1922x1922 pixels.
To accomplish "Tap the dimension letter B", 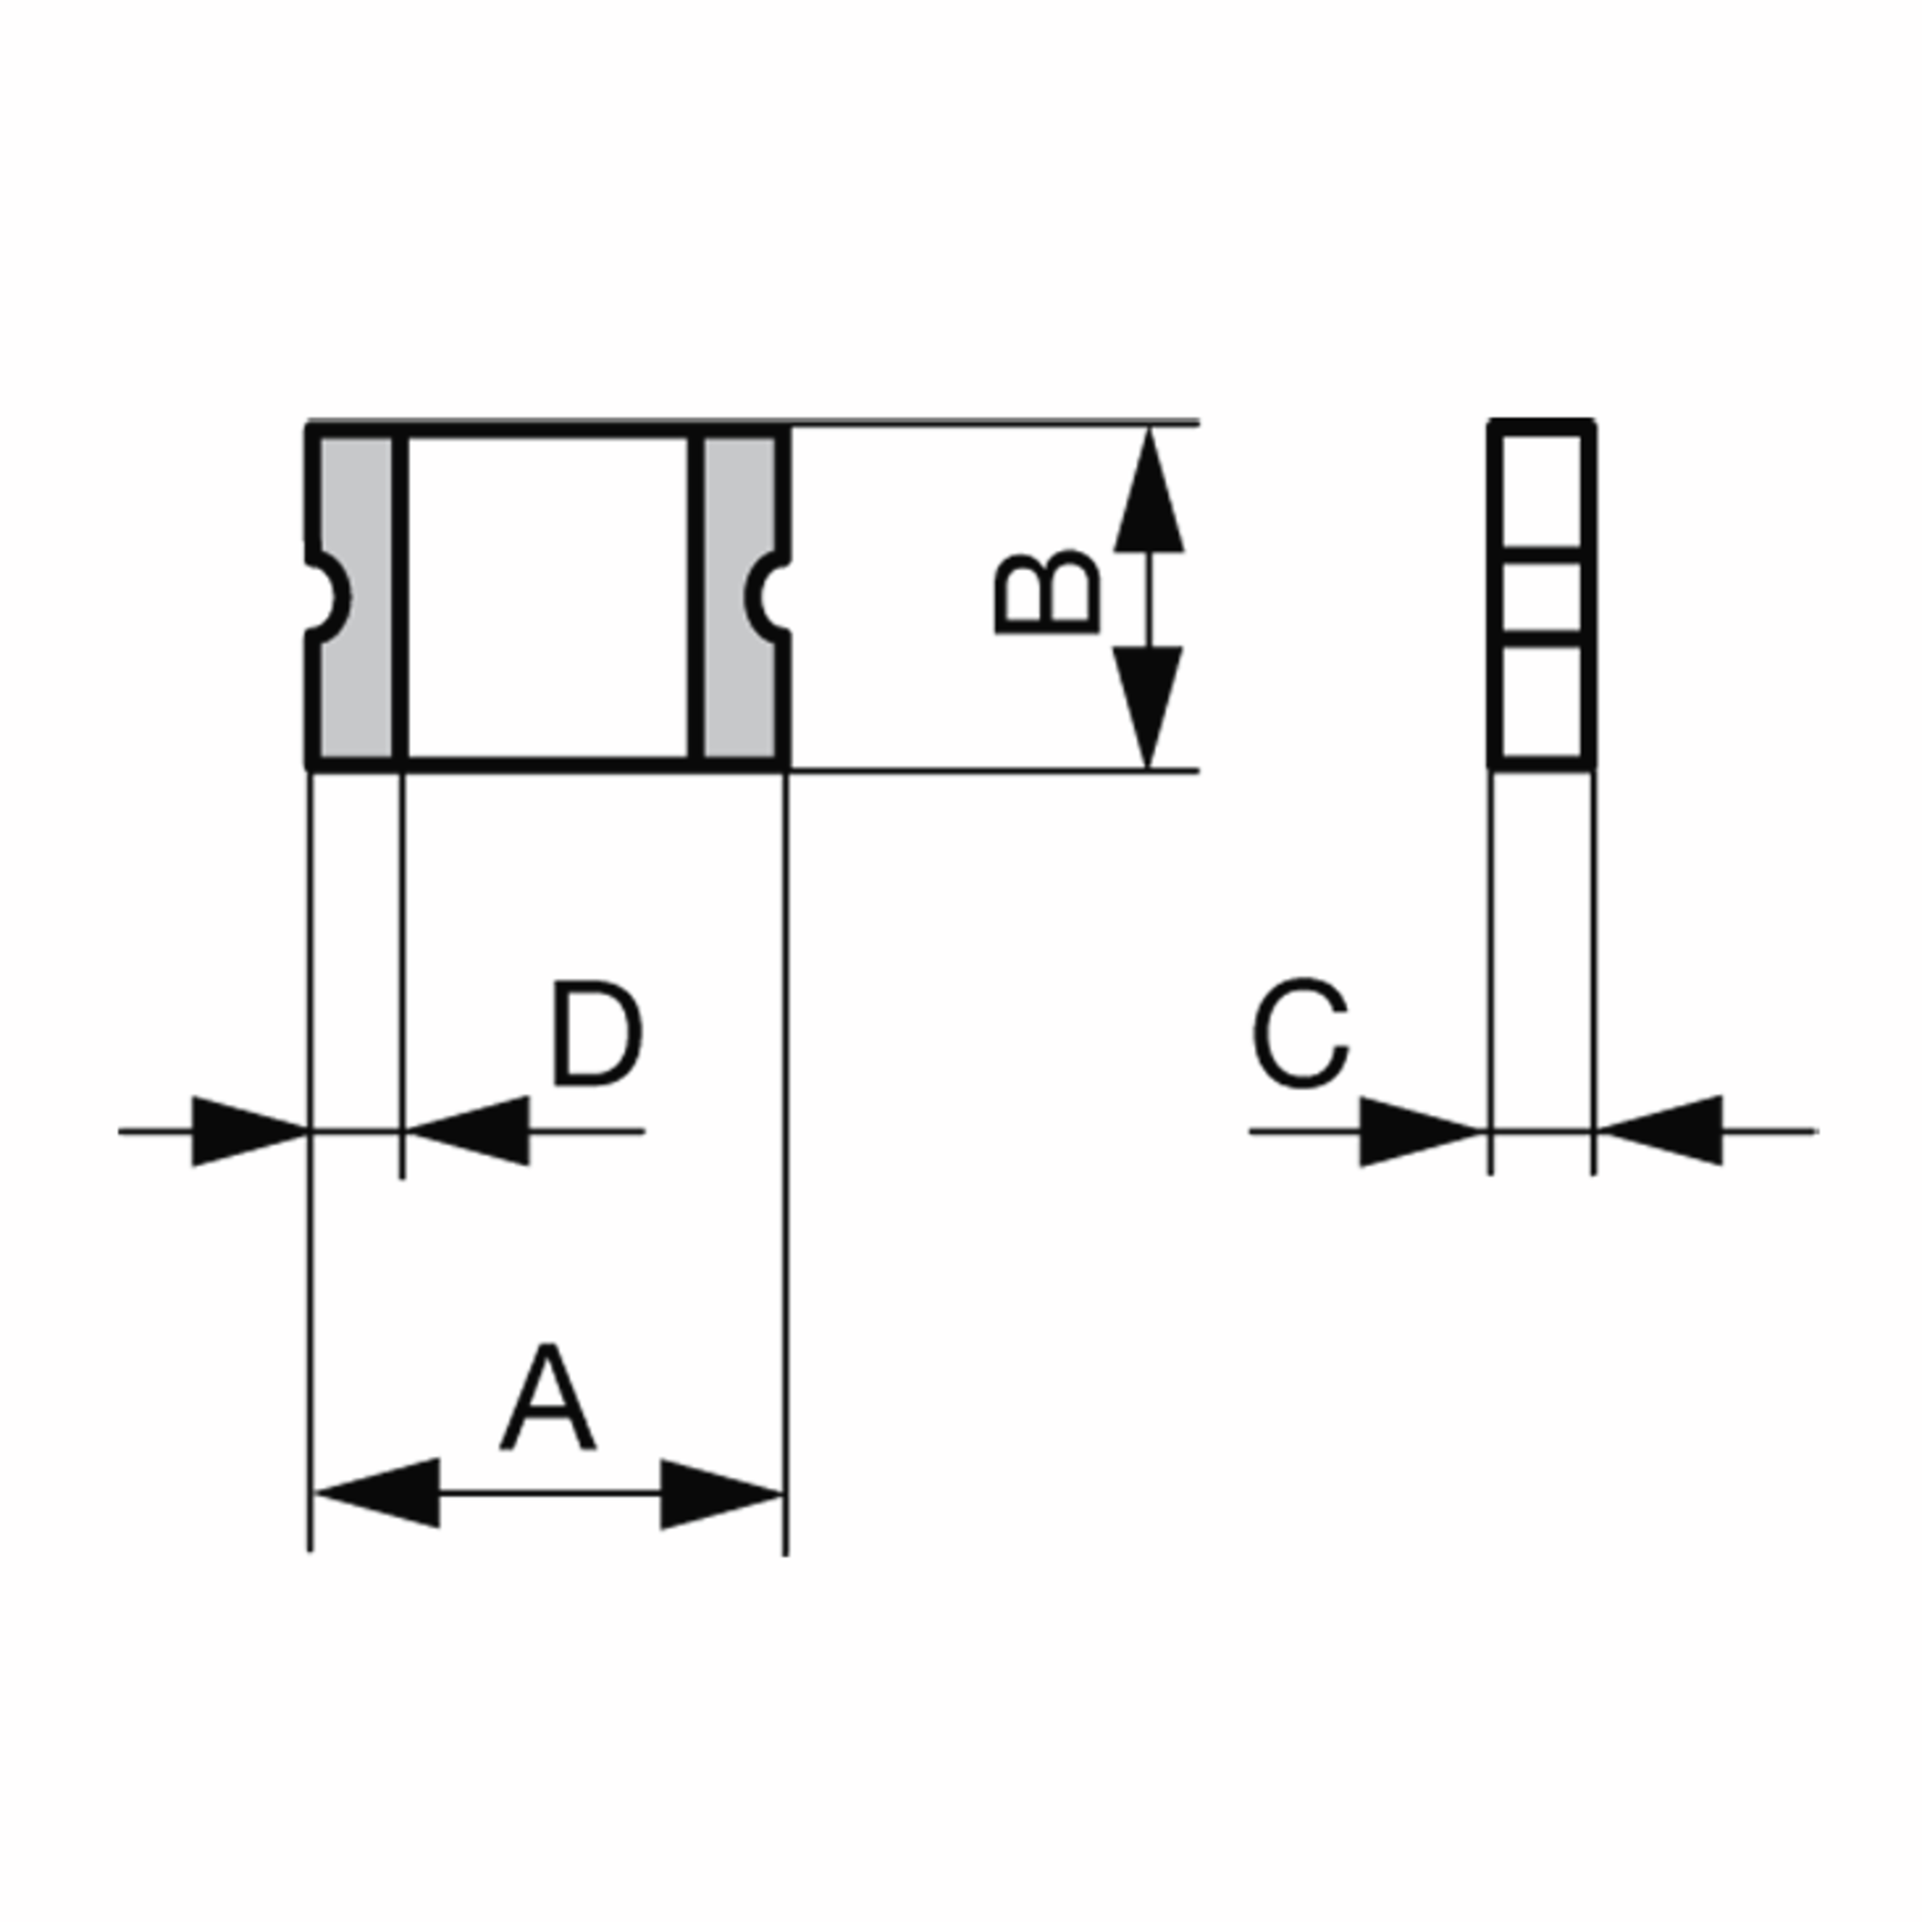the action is [1047, 592].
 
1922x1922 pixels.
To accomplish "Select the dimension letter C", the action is [1301, 1035].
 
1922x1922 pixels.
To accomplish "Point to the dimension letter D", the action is [597, 1035].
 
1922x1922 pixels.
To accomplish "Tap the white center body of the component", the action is [548, 597].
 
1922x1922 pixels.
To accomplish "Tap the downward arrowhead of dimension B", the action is [1148, 707].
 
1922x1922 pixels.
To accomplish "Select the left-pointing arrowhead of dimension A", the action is [377, 1494].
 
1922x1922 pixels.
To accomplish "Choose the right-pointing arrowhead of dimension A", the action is [722, 1494].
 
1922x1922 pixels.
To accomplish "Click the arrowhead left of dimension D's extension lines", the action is [250, 1131].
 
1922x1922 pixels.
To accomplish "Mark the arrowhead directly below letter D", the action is [468, 1130].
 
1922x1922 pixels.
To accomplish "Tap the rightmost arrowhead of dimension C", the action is [1659, 1130].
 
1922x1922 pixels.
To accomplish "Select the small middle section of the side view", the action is [1542, 597].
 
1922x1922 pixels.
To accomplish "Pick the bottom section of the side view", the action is [1542, 702].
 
